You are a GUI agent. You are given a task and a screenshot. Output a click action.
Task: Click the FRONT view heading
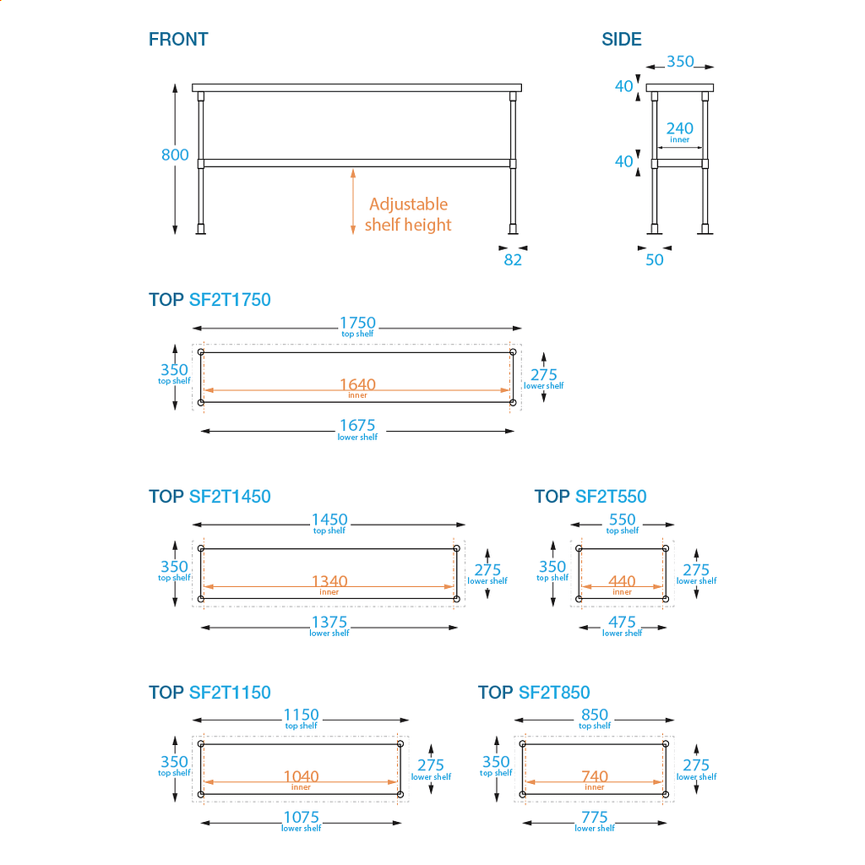coord(178,39)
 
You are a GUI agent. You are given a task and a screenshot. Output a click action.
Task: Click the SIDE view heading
coord(622,39)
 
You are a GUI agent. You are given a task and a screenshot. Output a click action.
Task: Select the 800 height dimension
coord(175,155)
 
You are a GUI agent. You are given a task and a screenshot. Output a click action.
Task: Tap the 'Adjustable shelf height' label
coord(408,215)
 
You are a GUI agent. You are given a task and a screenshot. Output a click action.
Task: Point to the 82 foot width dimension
coord(513,259)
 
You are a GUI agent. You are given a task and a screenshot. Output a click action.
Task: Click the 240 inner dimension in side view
coord(679,130)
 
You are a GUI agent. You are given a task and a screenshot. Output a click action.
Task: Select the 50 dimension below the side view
coord(655,259)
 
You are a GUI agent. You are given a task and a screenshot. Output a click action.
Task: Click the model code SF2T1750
coord(230,300)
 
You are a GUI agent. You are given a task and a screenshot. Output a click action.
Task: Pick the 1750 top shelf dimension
coord(357,324)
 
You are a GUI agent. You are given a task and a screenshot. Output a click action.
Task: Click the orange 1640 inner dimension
coord(357,386)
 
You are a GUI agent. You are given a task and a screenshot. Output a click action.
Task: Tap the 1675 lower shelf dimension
coord(357,427)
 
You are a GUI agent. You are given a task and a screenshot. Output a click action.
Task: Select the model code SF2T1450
coord(230,497)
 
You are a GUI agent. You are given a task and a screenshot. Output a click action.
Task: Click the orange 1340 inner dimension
coord(329,582)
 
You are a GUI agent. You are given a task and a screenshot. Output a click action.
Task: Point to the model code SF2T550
coord(611,497)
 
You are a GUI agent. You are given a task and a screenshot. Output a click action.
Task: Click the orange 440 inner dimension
coord(622,582)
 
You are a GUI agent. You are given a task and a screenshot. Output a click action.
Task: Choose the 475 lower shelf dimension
coord(622,623)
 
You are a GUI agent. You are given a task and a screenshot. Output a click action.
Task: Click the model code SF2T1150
coord(230,693)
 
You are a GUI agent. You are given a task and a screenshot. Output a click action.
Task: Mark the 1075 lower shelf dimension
coord(301,819)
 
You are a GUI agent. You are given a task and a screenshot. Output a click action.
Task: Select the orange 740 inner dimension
coord(595,777)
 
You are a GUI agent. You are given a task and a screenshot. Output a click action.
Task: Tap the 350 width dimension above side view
coord(680,62)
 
